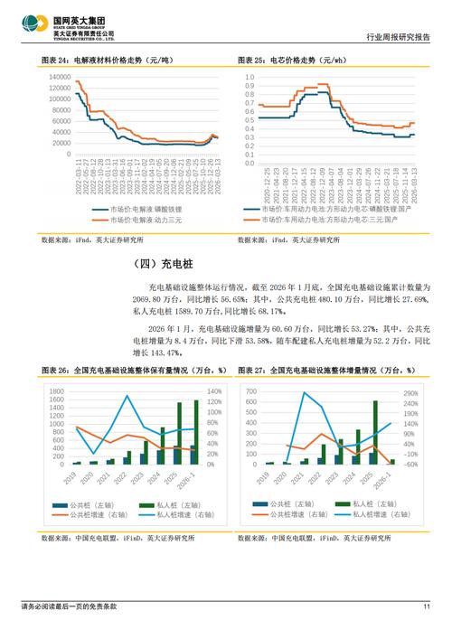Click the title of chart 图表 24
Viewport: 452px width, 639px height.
(x=106, y=60)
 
